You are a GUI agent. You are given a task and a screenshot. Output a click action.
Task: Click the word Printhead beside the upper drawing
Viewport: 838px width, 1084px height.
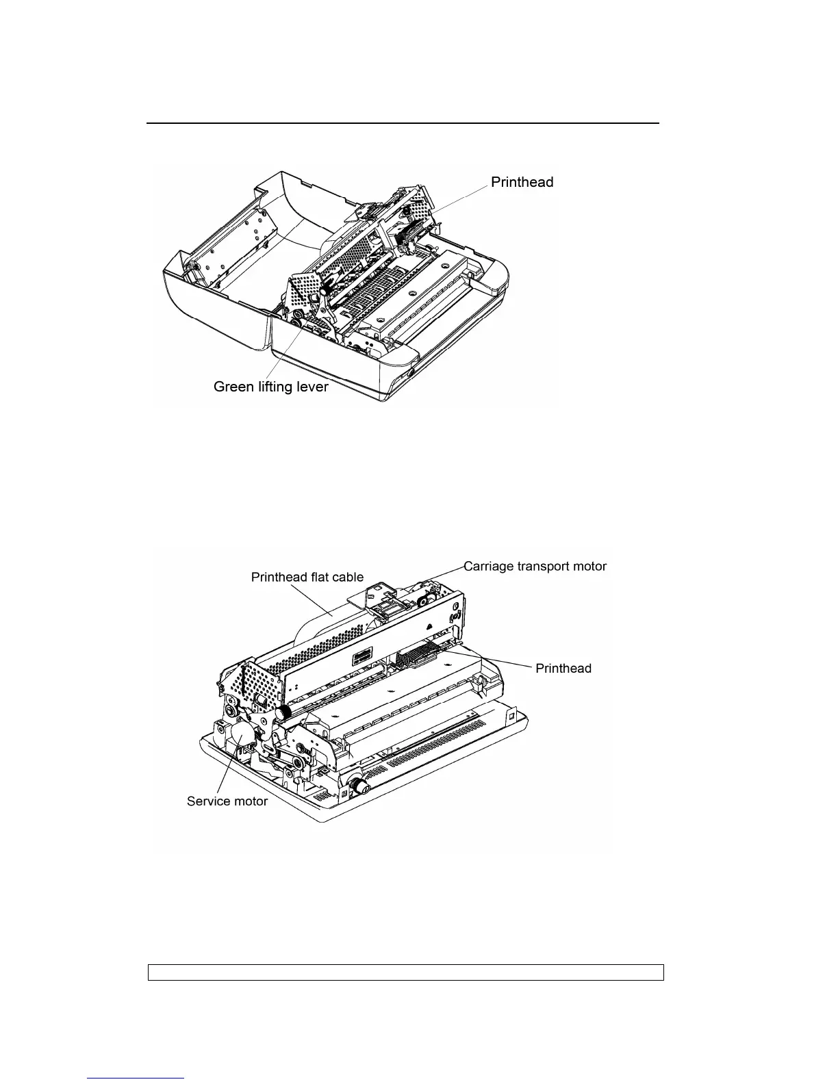click(x=522, y=182)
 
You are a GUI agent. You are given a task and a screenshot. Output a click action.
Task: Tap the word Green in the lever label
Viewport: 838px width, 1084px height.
click(x=233, y=387)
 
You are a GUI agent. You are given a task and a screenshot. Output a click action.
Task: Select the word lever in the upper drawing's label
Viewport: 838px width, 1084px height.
click(x=313, y=387)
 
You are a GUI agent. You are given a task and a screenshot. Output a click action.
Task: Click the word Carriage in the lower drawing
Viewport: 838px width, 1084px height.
click(x=488, y=566)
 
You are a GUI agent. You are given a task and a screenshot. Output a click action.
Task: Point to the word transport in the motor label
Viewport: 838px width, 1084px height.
click(x=542, y=566)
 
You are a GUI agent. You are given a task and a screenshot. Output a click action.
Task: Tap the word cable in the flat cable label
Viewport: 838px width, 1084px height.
click(x=347, y=577)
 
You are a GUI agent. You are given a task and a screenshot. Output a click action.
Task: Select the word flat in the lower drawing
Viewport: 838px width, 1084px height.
click(x=318, y=577)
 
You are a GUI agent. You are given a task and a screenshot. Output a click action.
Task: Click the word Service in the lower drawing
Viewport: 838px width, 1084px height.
click(x=209, y=801)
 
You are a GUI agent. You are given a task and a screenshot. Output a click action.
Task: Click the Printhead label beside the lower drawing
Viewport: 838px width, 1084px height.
click(x=563, y=668)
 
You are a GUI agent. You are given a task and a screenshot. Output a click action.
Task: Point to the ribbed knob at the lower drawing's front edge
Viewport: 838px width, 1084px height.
click(x=360, y=788)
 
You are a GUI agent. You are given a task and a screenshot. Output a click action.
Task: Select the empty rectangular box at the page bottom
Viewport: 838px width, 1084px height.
click(x=406, y=972)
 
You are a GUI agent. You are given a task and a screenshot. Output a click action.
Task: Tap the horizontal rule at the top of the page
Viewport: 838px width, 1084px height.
click(x=403, y=124)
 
